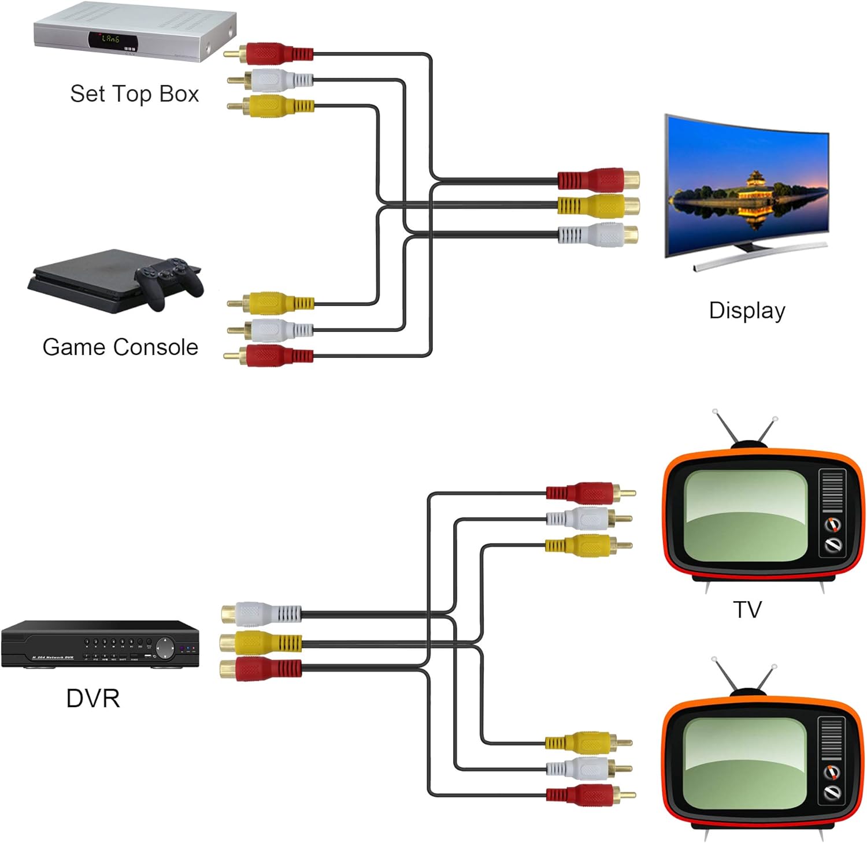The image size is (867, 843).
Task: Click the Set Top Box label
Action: pos(134,94)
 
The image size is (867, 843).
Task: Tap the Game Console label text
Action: pos(120,347)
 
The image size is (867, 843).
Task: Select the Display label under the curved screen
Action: pos(747,311)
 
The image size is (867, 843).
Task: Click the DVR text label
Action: pos(93,698)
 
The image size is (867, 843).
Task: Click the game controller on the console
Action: pos(168,280)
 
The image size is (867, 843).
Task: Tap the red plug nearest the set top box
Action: pos(269,54)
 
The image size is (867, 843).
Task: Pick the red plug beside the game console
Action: pos(269,356)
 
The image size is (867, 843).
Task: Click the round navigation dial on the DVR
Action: pos(165,647)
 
